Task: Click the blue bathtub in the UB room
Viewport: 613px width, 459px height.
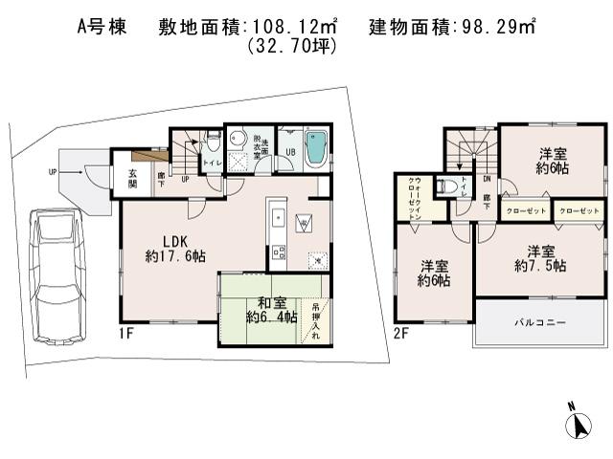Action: (x=315, y=151)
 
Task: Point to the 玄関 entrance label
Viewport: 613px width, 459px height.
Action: (x=132, y=179)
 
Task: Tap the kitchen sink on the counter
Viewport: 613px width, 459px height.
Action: (x=273, y=215)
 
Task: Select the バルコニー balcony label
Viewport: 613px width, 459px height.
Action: (x=542, y=323)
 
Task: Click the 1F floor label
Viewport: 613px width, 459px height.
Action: (x=126, y=334)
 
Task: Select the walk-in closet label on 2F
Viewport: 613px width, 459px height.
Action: (x=413, y=200)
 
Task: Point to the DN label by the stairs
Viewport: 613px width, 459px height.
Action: (x=487, y=179)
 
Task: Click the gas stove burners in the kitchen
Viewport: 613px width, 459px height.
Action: (x=279, y=252)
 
